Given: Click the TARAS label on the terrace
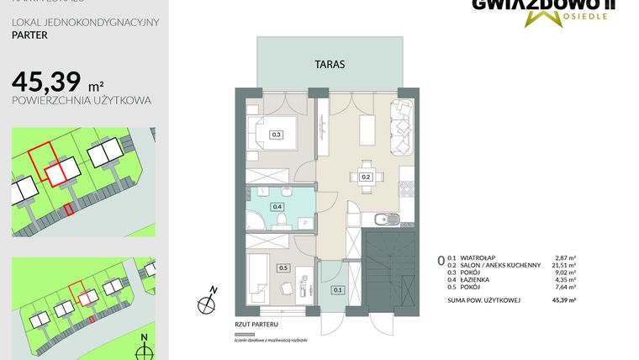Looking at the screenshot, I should coord(329,64).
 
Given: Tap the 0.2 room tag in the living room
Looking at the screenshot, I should coord(367,177).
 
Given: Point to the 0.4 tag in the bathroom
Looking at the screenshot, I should coord(277,206).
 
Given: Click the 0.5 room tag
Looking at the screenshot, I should coord(283,267).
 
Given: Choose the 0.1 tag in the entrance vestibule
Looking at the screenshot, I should coord(338,290).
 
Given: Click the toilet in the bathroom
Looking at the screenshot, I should coord(283,221).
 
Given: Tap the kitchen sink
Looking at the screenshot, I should coord(383,220).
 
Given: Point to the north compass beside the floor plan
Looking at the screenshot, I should coord(206,299).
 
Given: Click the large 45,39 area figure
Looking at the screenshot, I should coord(47,82).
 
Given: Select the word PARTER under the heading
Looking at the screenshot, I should coord(29,36).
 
